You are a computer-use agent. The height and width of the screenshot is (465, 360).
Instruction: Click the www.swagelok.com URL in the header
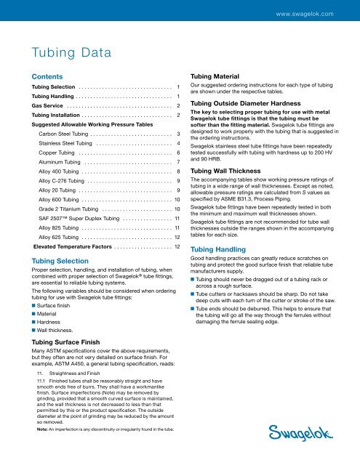[x=314, y=13]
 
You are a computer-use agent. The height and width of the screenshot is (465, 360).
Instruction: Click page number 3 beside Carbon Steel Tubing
[x=178, y=134]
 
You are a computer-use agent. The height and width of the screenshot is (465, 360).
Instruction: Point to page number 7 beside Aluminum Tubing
[x=178, y=163]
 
